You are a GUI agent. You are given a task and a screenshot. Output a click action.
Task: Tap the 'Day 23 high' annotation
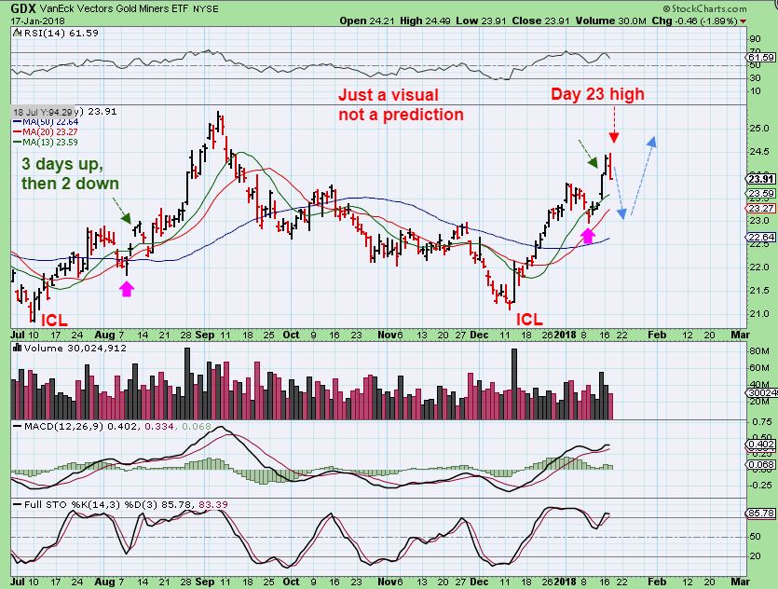[x=596, y=94]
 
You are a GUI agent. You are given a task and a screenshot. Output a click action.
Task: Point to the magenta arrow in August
[x=126, y=288]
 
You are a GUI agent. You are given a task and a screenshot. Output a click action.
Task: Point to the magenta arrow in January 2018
[x=587, y=237]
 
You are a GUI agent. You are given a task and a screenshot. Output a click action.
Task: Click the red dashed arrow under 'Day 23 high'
[x=613, y=130]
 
